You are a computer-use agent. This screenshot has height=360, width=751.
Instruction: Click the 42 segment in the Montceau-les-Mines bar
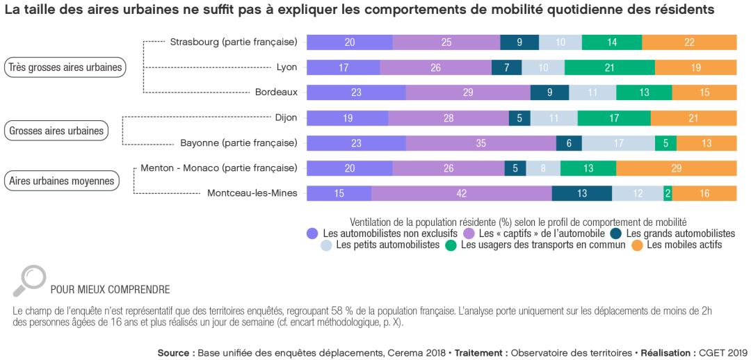coord(461,193)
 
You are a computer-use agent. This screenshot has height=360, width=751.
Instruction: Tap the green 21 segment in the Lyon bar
coord(609,67)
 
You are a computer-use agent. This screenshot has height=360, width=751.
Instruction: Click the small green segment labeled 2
coord(668,193)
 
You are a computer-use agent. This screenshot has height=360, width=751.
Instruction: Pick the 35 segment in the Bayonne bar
coord(481,143)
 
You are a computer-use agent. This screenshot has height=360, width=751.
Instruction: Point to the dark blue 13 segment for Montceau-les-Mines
coord(582,193)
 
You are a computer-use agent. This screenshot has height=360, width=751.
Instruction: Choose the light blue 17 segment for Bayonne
coord(618,143)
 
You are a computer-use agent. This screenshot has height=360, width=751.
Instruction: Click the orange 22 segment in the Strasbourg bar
coord(689,42)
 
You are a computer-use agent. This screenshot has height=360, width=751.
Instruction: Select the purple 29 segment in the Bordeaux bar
coord(468,92)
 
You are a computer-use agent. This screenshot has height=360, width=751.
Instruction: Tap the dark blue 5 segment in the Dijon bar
coord(519,118)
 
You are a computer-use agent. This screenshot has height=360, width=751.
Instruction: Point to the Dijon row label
coord(286,117)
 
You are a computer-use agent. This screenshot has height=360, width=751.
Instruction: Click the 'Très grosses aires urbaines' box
coord(65,67)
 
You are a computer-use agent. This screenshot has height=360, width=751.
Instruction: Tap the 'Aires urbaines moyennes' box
coord(61,181)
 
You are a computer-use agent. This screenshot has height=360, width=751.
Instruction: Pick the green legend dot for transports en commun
coord(451,245)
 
